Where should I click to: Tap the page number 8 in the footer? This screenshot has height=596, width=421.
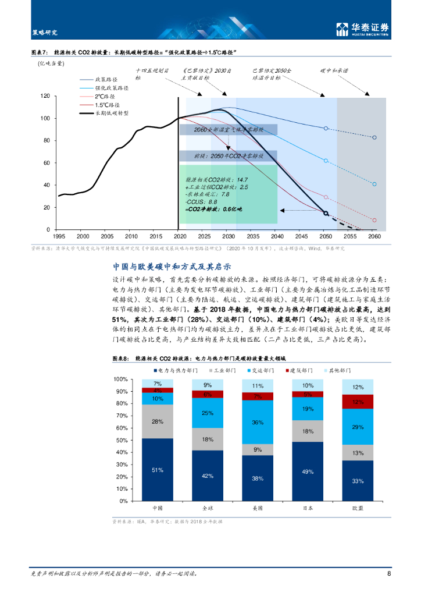(388, 573)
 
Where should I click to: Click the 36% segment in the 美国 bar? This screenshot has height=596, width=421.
(258, 422)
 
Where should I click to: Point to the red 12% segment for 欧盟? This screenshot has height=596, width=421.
(358, 402)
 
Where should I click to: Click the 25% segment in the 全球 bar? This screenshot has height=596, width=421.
(208, 413)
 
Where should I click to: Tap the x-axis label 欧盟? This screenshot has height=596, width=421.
(358, 508)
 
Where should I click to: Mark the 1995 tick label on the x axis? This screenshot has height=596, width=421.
(59, 236)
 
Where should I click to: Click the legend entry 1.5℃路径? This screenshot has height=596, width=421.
(108, 105)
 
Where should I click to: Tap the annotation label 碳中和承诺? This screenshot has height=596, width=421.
(334, 70)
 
